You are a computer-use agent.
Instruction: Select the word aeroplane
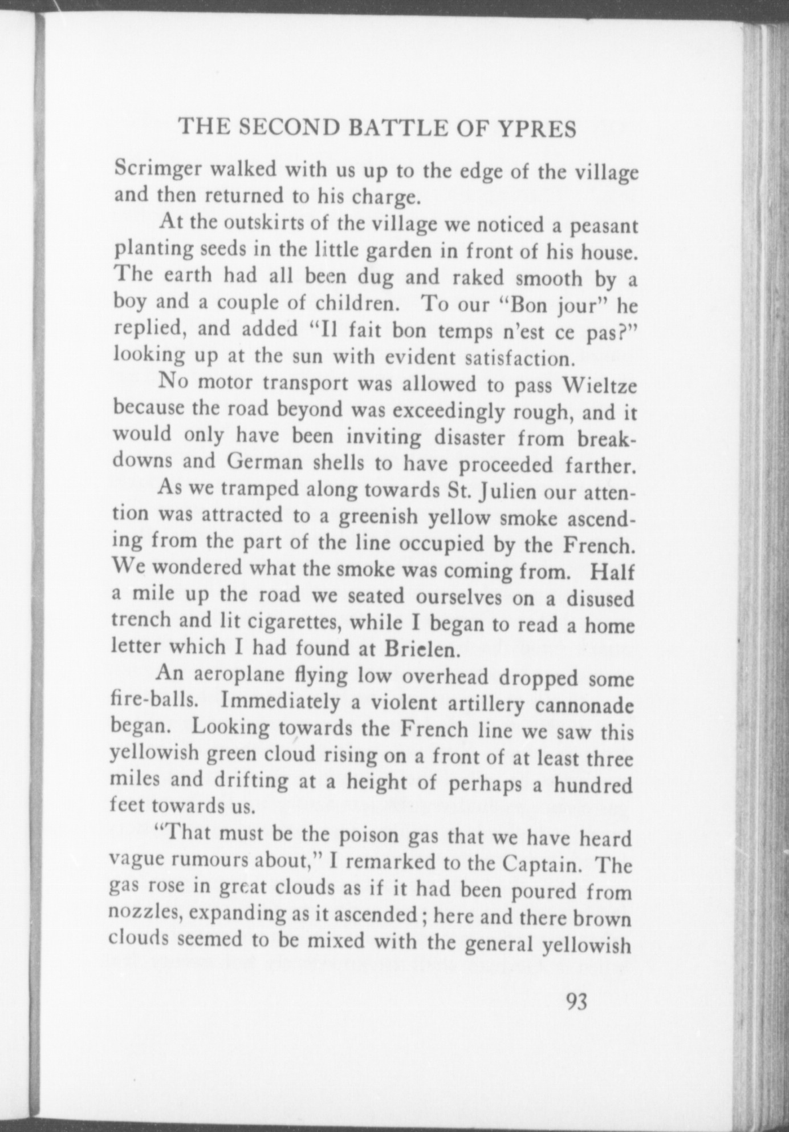[239, 674]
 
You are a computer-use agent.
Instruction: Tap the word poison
[372, 836]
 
